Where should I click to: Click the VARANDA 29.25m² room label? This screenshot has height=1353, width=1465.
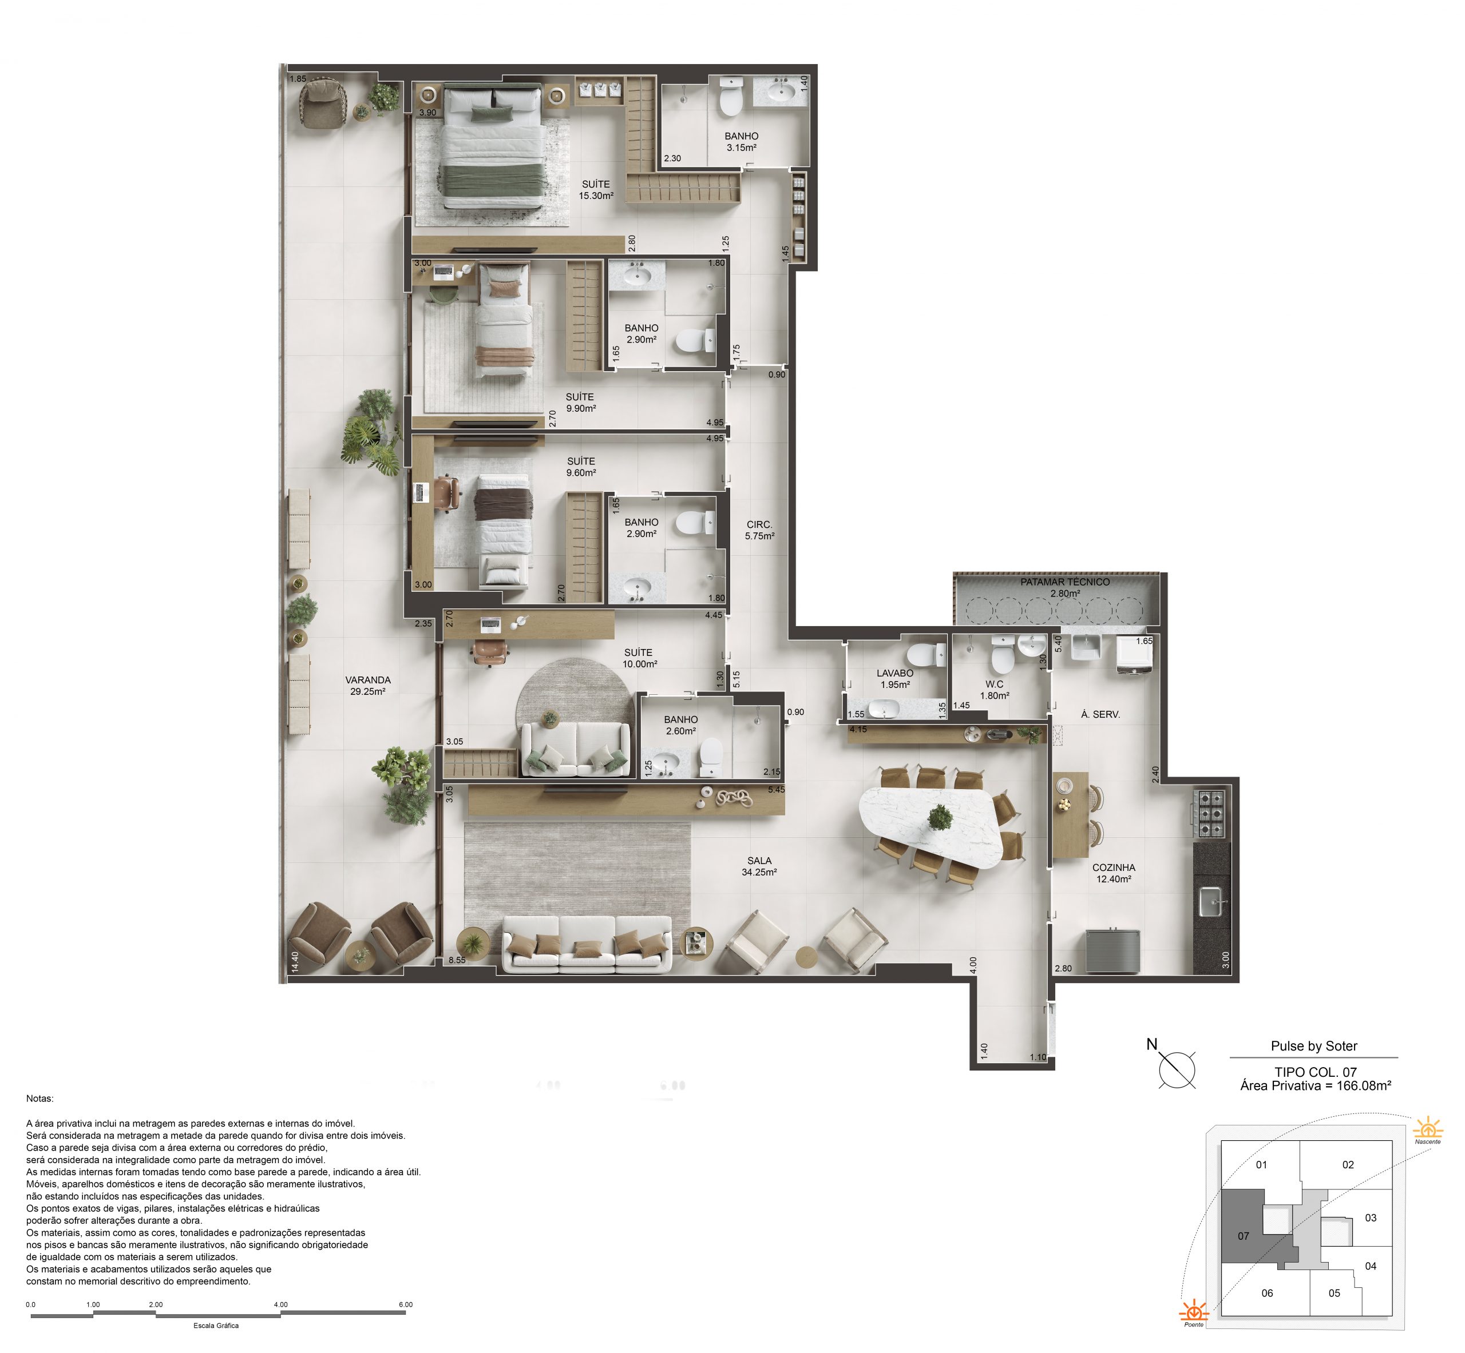pos(368,685)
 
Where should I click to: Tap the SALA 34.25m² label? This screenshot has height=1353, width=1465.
pos(759,866)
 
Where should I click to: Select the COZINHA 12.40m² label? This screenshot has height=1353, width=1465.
pos(1114,873)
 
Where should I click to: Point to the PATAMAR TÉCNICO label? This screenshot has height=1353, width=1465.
pos(1065,582)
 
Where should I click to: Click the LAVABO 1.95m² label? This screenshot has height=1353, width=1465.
pos(895,679)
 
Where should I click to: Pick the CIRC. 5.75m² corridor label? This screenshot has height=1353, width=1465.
pos(759,530)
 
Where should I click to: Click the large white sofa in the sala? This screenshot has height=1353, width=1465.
pos(587,943)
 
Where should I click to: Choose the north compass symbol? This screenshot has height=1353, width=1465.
pos(1177,1070)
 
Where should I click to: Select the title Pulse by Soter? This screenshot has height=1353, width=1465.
pos(1314,1046)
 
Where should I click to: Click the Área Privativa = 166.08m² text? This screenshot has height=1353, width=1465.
pos(1316,1086)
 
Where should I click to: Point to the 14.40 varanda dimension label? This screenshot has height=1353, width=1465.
pos(295,962)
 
